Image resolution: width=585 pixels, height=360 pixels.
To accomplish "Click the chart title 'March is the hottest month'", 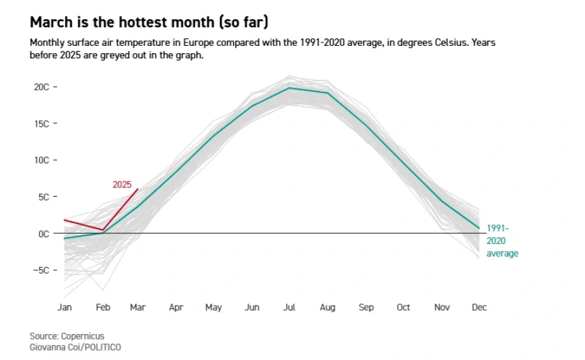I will pos(149,23).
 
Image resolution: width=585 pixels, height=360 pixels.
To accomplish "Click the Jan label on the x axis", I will pos(64,308).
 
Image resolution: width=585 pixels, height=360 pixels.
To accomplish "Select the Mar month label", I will pos(138,308).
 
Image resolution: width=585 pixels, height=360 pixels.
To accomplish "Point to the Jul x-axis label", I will pos(289,308).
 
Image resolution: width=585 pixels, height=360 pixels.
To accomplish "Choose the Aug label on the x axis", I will pos(327,308).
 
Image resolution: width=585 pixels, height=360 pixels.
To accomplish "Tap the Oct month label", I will pos(404,308).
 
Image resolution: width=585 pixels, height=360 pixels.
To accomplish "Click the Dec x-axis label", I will pos(479,308).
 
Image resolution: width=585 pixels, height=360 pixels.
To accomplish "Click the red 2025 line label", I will pos(122,185).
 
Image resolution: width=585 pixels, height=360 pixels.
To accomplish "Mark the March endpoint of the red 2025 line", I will pos(138,189).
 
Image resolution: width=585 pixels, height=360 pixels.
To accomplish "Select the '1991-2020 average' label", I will pos(502,241).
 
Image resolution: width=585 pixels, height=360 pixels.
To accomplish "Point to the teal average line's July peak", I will pos(289,88).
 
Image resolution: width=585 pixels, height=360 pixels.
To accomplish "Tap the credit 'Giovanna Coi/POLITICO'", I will pos(75,347).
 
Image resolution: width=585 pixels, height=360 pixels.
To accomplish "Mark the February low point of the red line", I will pos(102,230).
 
